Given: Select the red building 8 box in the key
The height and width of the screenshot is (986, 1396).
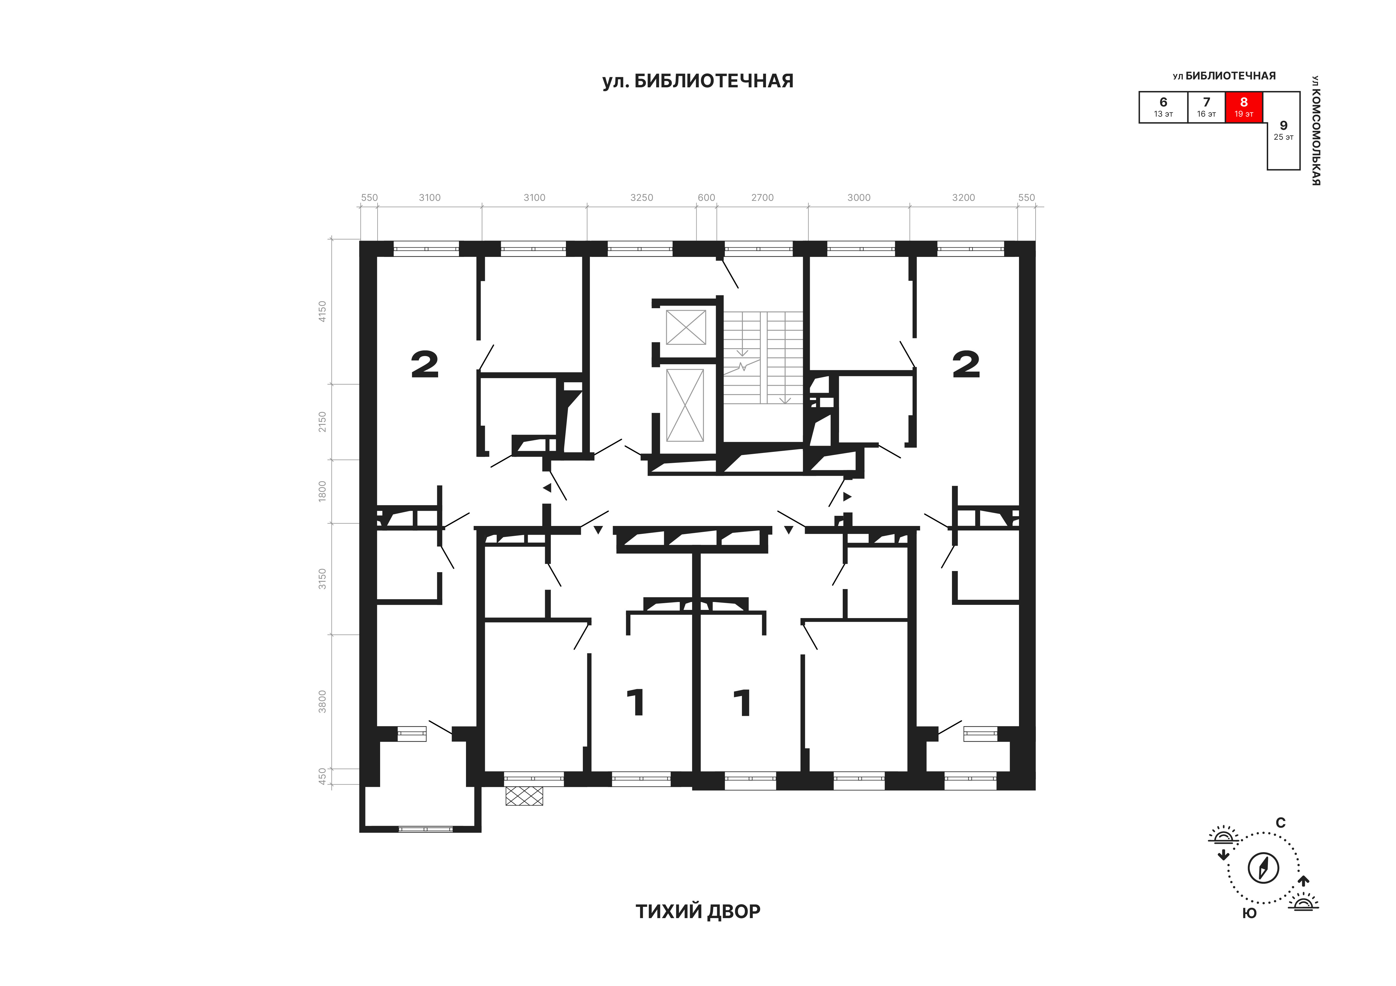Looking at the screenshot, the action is coord(1244,107).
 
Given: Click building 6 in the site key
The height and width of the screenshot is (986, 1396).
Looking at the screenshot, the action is coord(1163,107).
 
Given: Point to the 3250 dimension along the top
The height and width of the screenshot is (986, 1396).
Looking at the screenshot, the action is coord(641,198).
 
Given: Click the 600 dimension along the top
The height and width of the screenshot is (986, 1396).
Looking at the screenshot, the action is coord(706,198).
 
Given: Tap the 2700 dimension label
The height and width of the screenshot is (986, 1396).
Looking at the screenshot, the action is coord(762,198).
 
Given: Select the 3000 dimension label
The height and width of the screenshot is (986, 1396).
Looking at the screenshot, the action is coord(859,198).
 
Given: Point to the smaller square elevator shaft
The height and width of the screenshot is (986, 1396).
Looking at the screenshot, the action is coord(686,327).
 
